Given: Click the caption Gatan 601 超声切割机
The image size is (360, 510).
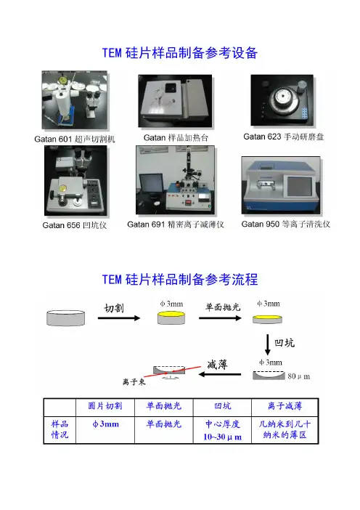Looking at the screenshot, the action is point(75,139).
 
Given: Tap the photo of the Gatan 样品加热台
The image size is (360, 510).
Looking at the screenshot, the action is point(175,101).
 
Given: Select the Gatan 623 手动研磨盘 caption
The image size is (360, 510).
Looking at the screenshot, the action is point(284,137).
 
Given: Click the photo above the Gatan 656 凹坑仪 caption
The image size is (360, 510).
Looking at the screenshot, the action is point(75,180).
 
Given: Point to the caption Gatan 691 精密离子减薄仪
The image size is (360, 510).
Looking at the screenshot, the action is point(176,224).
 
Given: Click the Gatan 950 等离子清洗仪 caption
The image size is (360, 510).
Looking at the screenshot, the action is point(285,224).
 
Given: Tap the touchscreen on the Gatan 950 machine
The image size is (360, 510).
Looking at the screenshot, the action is point(298,186).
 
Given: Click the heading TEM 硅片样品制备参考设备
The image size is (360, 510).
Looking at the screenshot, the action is point(180,53).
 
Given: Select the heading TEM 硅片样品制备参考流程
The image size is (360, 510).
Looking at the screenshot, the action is point(180,280).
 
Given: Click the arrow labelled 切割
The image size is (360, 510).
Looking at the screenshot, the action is point(119,318).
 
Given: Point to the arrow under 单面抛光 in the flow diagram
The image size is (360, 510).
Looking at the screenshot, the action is point(220,318).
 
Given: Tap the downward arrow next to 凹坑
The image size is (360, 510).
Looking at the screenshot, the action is point(267,345).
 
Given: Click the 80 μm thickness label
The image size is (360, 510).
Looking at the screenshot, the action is point(298,376).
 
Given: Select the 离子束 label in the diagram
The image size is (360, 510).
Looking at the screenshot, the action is point(134,382).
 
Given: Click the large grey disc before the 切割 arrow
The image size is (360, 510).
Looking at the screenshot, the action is point(65,318).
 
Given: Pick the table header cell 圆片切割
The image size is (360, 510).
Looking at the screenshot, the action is point(105,406).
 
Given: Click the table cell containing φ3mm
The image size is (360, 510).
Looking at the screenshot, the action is point(105,430).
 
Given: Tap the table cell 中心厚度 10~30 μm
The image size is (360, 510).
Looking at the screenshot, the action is point(222,430).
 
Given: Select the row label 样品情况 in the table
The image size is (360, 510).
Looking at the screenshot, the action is point(60,429).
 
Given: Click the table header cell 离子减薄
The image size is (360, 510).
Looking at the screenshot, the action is point(285,406).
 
